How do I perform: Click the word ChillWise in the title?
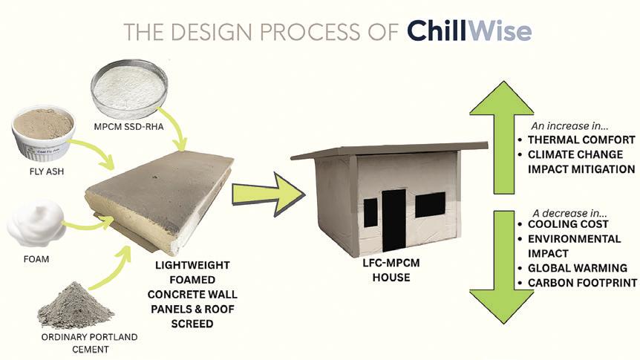tap(468, 31)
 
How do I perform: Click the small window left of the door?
tap(370, 212)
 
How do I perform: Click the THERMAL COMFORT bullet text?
tap(579, 139)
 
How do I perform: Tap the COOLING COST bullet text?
tap(567, 224)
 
